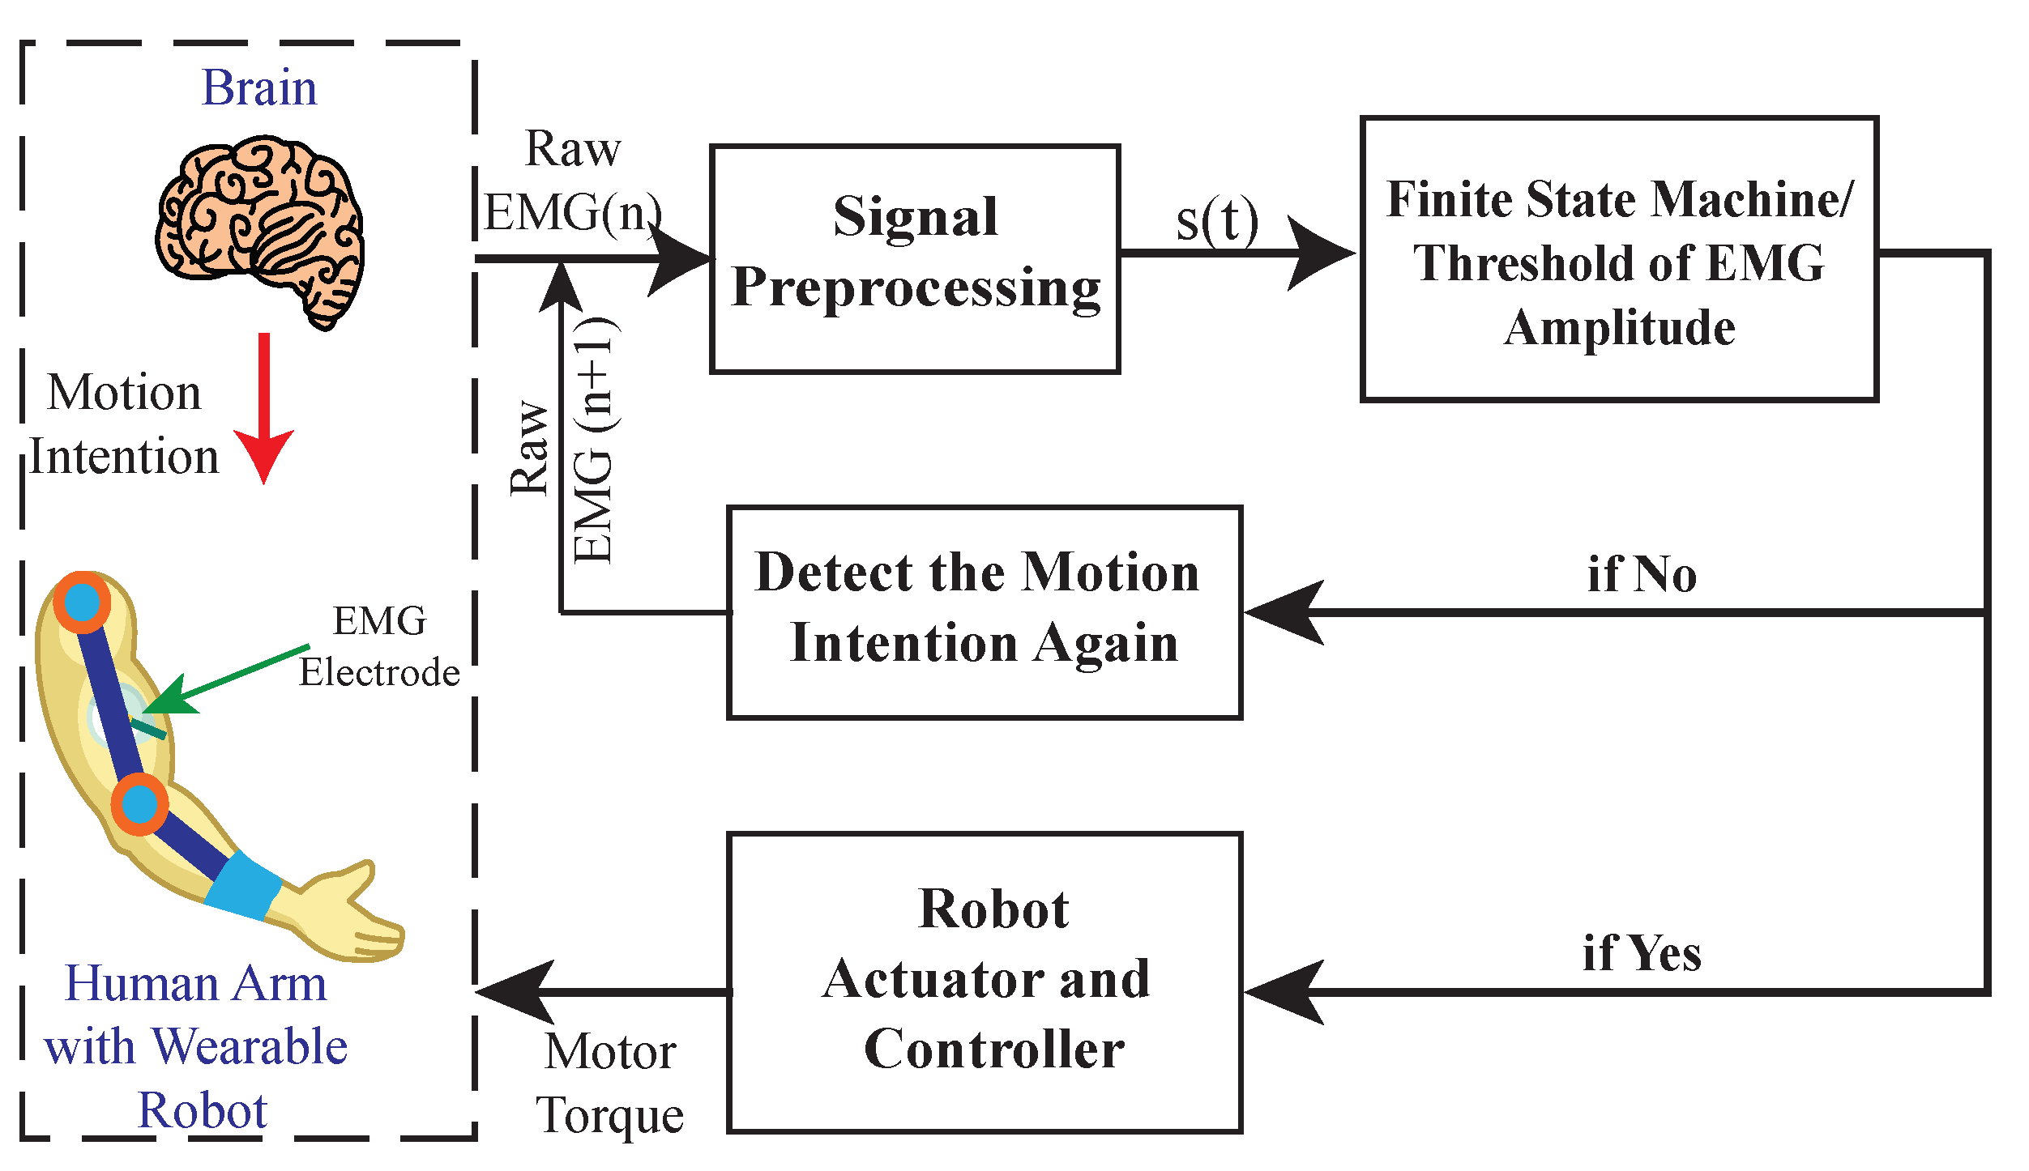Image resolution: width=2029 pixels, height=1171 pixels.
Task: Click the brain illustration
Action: (x=259, y=231)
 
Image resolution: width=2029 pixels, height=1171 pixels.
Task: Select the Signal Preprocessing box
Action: (x=915, y=259)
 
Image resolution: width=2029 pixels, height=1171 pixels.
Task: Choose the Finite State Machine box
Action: (x=1619, y=259)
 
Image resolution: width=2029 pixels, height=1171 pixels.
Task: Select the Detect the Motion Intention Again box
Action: (x=984, y=612)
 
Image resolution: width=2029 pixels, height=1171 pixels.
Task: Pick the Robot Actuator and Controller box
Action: (x=984, y=982)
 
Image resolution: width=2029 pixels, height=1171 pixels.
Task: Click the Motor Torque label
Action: (x=610, y=1084)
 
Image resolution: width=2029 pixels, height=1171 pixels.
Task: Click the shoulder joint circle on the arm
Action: (x=82, y=603)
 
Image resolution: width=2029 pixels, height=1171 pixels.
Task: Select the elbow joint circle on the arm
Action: (x=139, y=804)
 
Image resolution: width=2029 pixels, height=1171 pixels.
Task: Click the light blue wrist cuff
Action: (x=243, y=887)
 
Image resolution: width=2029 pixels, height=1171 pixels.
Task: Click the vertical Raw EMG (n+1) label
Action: (x=563, y=441)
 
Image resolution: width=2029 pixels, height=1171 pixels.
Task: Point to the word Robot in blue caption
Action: (x=203, y=1110)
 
